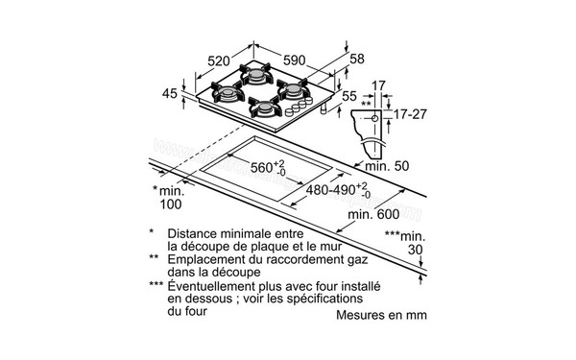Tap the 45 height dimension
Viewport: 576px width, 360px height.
(x=169, y=93)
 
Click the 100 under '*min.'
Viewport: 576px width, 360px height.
(x=171, y=204)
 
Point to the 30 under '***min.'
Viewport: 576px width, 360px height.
(x=415, y=250)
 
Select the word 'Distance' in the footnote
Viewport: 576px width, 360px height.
(x=196, y=233)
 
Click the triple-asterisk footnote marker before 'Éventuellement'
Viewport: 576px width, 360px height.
(x=155, y=286)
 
